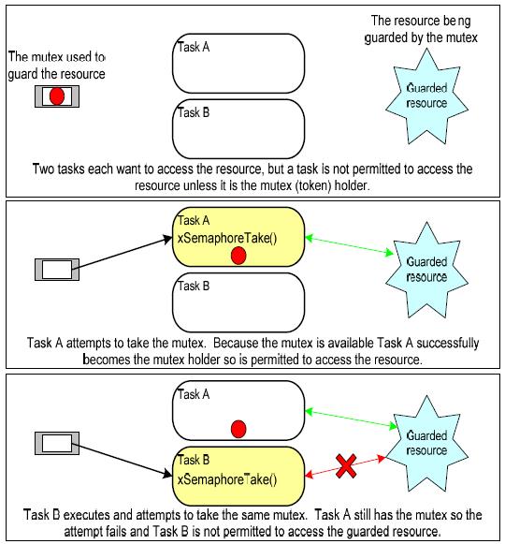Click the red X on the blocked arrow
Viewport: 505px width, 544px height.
tap(346, 466)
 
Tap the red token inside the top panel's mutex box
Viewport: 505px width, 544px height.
tap(57, 96)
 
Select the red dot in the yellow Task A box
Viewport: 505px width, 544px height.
tap(238, 256)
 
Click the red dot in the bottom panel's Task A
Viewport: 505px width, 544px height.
tap(238, 429)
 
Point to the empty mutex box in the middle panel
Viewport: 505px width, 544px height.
tap(57, 270)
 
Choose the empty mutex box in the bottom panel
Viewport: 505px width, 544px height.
tap(57, 443)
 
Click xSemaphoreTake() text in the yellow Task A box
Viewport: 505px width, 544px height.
tap(227, 239)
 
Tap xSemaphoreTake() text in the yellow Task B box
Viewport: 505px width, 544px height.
tap(227, 479)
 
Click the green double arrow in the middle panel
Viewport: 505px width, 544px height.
tap(350, 245)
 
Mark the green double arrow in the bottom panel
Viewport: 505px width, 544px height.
tap(351, 419)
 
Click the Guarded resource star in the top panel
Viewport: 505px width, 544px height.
tap(426, 96)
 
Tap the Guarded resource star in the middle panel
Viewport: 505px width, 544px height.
tap(426, 270)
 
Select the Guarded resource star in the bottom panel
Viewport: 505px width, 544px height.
tap(426, 443)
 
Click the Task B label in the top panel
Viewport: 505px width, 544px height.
tap(194, 112)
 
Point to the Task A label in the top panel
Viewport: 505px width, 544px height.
tap(194, 47)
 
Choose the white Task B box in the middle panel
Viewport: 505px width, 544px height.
tap(238, 302)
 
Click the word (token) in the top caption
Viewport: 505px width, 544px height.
tap(313, 185)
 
